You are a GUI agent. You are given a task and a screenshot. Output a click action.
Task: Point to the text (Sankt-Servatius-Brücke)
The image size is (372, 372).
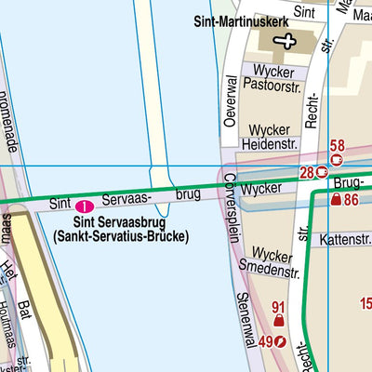pos(121,237)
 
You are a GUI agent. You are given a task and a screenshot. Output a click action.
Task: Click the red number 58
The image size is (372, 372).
pos(337,145)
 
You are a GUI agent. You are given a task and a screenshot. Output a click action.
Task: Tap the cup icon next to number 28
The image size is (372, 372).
pos(322,171)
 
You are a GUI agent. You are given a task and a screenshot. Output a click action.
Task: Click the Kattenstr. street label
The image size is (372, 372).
pos(345,240)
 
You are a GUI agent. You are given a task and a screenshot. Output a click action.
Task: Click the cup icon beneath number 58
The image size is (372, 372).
pos(337,159)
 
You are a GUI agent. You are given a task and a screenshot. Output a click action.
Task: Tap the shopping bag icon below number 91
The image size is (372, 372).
pos(278,322)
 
